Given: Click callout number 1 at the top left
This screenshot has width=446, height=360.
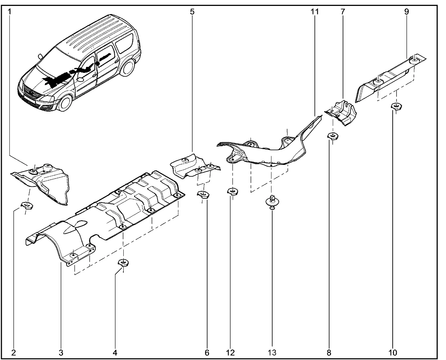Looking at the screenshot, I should [x=10, y=12].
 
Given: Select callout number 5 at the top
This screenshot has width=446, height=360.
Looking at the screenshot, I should [x=192, y=12].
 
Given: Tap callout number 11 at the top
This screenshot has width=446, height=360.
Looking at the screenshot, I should [x=315, y=12].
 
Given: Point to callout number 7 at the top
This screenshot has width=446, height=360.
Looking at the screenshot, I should [x=343, y=12].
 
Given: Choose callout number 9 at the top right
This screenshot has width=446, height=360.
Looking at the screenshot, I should [x=406, y=12].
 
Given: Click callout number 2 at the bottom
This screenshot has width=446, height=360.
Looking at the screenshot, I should [x=14, y=352].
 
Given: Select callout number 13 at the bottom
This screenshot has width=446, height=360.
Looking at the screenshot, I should [x=272, y=352].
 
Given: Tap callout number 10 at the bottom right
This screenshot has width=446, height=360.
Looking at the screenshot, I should [x=393, y=352].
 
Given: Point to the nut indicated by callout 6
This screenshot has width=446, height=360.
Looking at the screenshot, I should [x=202, y=194].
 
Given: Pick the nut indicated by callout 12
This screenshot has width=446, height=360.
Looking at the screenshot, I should [x=232, y=192].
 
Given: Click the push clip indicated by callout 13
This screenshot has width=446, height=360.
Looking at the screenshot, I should [x=272, y=201].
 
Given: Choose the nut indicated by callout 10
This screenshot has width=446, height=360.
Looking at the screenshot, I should [x=396, y=106].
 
